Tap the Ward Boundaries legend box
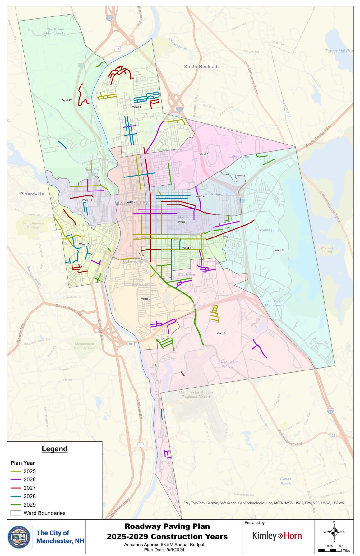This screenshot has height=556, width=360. pos(16,513)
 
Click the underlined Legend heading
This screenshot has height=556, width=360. pos(54,449)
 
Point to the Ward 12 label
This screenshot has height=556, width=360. pos(66,100)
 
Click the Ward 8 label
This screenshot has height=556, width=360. pos(221,333)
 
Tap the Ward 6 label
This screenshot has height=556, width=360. pos(279,250)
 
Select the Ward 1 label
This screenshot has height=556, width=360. pos(136,107)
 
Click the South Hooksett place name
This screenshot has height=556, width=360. pos(201,67)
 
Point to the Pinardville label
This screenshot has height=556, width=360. pos(32,194)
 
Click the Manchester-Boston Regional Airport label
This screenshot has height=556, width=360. pos(196,394)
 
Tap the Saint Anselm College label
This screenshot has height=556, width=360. pos(33,225)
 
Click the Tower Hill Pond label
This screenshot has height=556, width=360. pos(339,51)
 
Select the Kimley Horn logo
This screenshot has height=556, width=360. pos(277,536)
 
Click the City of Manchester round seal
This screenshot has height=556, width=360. pos(19,537)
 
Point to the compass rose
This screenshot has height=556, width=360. pos(334,532)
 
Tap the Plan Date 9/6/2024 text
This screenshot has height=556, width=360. pos(164,549)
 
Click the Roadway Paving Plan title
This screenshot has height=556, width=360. pos(167,526)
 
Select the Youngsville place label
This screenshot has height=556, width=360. pos(269,230)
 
